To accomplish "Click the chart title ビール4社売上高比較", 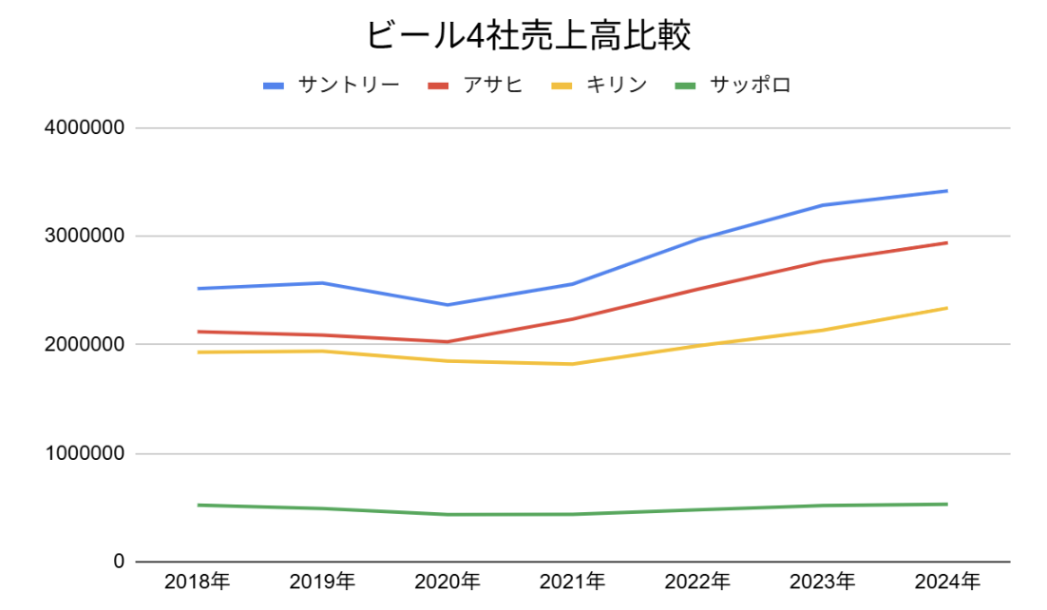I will (x=527, y=36).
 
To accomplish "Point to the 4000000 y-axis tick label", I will (x=85, y=127).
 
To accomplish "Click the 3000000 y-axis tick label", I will (x=85, y=236).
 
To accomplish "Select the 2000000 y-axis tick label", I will (x=85, y=344).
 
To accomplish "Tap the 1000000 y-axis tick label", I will (x=85, y=453).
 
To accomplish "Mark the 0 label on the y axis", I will (x=119, y=562).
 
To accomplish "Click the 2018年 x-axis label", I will (x=197, y=581).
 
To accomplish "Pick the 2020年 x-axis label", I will (x=447, y=581).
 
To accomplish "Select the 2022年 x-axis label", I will (x=697, y=581).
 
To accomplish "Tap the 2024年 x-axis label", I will (x=947, y=581).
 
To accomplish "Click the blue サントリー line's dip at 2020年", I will (x=447, y=305).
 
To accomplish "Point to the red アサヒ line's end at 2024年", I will (x=947, y=242).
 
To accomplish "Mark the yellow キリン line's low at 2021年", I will (x=572, y=364).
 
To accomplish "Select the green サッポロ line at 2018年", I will (x=197, y=505).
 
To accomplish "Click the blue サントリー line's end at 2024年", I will (x=947, y=191).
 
